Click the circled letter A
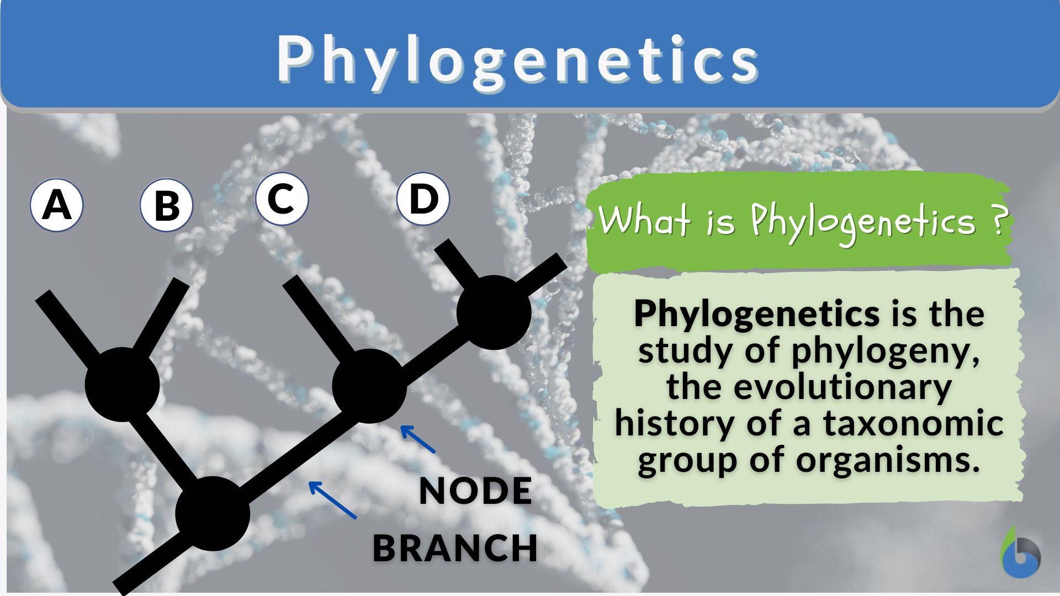click(56, 205)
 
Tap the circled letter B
click(166, 205)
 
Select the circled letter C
click(282, 199)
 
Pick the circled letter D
click(423, 199)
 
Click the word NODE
click(475, 491)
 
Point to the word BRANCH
click(455, 547)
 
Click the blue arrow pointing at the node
click(417, 439)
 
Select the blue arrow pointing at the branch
click(332, 500)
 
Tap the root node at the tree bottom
click(213, 513)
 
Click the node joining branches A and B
click(123, 384)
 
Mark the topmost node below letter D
click(494, 312)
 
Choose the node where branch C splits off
click(369, 386)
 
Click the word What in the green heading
click(644, 221)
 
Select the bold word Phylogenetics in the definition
click(756, 313)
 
